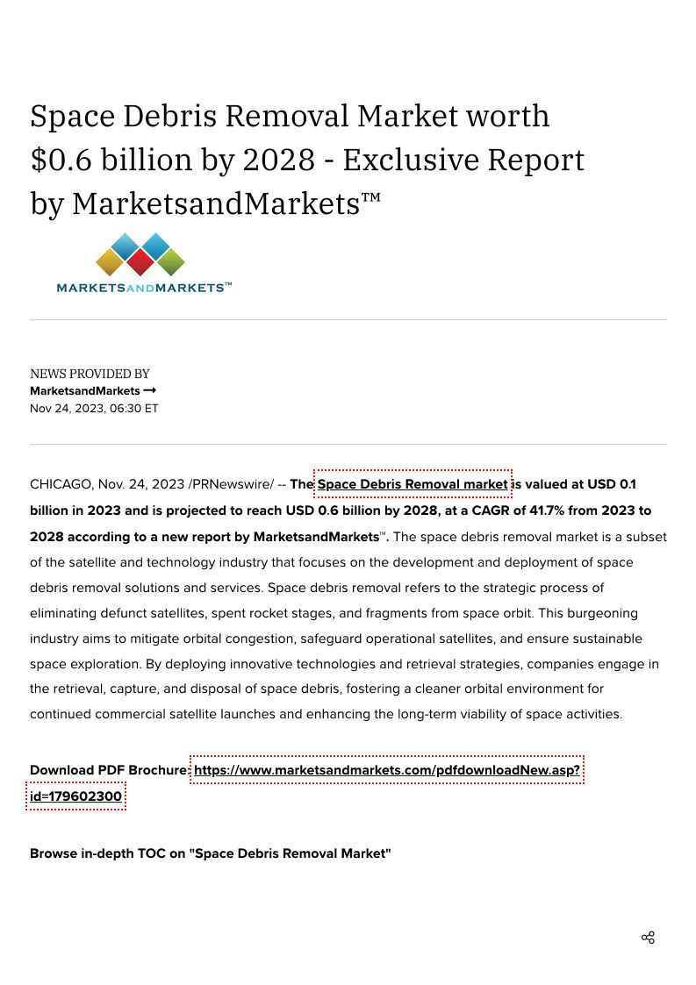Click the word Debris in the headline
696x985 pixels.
(x=172, y=116)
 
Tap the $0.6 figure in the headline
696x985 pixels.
(x=61, y=160)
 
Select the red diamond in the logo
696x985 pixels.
(x=140, y=261)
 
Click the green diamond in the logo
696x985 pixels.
(x=170, y=261)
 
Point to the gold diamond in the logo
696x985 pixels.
(x=110, y=261)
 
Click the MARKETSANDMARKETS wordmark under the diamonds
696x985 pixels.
(x=144, y=288)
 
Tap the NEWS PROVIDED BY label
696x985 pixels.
(x=90, y=374)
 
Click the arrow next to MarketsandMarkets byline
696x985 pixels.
(x=150, y=390)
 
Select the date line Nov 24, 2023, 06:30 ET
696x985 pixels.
(x=94, y=409)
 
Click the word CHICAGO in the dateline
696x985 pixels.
(x=61, y=484)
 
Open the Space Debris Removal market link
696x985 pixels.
(x=413, y=484)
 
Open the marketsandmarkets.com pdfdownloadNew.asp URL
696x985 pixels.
(x=387, y=770)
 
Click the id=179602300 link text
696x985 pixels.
(x=75, y=796)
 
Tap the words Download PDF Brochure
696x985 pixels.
(x=107, y=770)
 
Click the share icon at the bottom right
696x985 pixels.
(x=648, y=938)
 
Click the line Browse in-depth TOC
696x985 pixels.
(x=210, y=853)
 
